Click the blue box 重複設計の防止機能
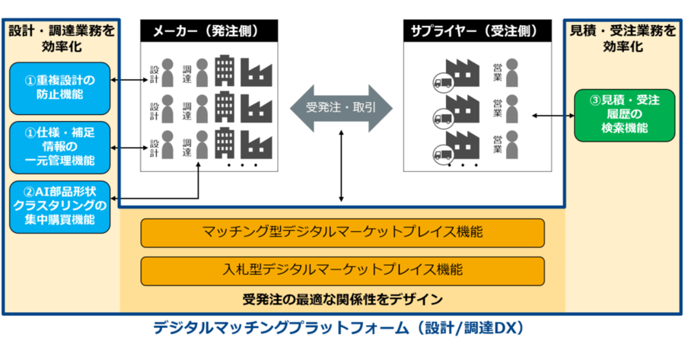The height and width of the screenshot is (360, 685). click(60, 88)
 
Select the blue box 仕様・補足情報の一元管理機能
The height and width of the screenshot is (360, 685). click(60, 147)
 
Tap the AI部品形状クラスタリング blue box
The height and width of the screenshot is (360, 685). click(60, 206)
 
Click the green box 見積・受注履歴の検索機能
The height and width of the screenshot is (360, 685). click(624, 116)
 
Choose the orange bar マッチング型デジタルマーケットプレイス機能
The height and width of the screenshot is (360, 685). click(342, 233)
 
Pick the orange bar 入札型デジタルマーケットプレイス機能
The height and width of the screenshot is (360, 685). click(342, 271)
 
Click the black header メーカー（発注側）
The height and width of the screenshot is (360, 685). click(209, 31)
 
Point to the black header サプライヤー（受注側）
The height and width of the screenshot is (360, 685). click(477, 31)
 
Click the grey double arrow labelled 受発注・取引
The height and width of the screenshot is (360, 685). click(341, 108)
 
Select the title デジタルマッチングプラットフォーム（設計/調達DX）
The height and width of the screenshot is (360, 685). click(339, 328)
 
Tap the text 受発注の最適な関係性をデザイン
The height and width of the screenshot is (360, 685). click(342, 299)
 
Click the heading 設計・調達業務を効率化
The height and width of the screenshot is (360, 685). click(62, 39)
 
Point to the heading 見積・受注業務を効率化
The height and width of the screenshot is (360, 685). click(623, 39)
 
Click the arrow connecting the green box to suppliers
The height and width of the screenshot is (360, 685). click(553, 116)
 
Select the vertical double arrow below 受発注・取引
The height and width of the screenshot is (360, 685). click(341, 166)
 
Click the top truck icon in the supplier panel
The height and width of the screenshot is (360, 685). click(443, 82)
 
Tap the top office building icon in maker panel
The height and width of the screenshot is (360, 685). click(225, 70)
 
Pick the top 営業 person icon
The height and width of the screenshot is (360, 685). click(511, 73)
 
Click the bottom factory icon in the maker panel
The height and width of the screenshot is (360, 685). click(256, 145)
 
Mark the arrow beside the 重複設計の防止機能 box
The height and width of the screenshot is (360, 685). click(129, 80)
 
